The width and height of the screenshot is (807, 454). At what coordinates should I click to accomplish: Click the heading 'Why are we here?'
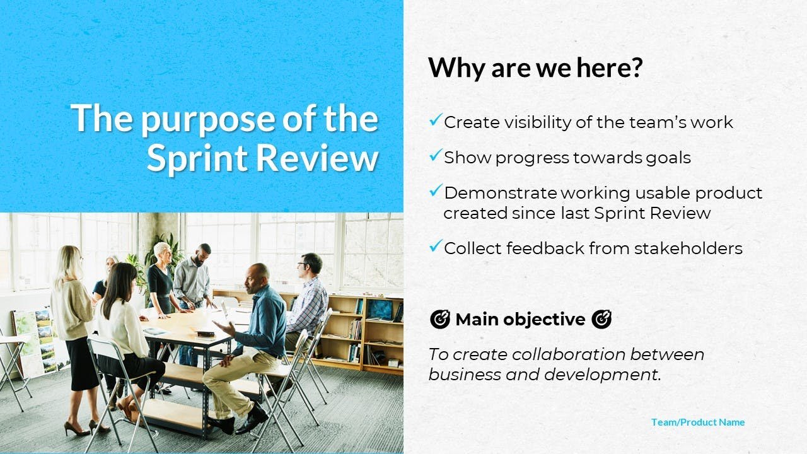535,67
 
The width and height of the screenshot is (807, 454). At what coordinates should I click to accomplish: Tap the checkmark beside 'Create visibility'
436,120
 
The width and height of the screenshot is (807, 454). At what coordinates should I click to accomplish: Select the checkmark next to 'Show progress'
436,155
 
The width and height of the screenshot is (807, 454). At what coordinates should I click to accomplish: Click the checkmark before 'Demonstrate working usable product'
436,190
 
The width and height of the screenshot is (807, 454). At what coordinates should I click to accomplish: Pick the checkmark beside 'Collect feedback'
436,246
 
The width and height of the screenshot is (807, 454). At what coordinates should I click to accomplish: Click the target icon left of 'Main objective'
440,319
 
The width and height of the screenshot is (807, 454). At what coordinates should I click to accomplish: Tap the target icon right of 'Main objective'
601,319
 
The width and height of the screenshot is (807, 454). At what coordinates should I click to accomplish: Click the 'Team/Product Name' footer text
698,422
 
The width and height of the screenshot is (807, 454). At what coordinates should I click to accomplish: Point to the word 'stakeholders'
688,248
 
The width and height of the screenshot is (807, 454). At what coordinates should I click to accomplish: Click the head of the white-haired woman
162,253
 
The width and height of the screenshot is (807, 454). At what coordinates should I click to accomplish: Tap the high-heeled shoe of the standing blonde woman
77,429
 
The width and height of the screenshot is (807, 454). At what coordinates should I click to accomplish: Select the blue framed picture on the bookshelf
380,310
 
